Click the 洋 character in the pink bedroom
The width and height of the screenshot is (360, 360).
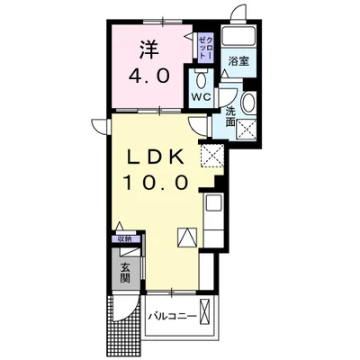(x=148, y=50)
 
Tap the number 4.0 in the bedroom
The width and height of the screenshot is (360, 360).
(x=148, y=76)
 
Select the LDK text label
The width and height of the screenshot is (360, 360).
(x=155, y=157)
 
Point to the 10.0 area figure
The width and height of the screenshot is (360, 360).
(x=156, y=182)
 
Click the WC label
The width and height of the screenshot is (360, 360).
(x=202, y=97)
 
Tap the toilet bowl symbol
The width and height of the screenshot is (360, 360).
(x=201, y=80)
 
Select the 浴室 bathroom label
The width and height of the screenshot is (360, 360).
(x=238, y=61)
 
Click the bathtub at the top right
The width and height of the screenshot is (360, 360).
(x=238, y=36)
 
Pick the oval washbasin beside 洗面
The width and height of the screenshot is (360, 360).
(x=248, y=102)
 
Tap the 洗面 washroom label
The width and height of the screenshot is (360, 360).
(x=230, y=116)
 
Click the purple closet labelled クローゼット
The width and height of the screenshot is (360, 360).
(x=206, y=48)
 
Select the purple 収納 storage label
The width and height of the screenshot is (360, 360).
(x=125, y=239)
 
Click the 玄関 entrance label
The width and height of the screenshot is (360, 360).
(x=125, y=273)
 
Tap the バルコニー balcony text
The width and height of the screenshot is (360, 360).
(x=173, y=316)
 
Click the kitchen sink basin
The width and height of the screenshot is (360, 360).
(x=213, y=202)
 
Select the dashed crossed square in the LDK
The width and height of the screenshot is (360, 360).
(x=212, y=156)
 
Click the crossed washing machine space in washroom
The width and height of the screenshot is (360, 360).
(x=247, y=130)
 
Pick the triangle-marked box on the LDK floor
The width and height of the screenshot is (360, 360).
(x=187, y=238)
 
